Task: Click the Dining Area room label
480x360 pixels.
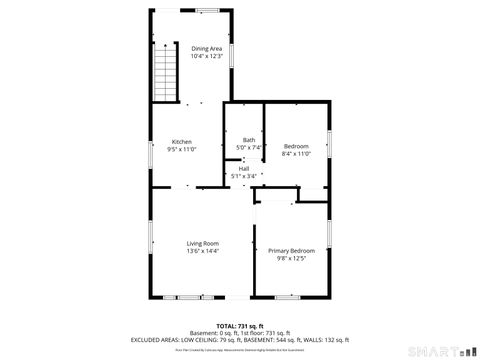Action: tap(207, 48)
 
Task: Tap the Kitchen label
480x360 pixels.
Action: tap(181, 142)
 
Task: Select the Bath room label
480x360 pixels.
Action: tap(248, 140)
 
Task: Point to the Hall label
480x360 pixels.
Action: tap(244, 169)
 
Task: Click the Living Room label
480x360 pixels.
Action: tap(203, 243)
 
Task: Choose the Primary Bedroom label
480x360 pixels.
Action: tap(291, 250)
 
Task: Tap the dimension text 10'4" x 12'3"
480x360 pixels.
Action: tap(207, 56)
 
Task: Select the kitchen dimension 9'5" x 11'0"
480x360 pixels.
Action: tap(183, 149)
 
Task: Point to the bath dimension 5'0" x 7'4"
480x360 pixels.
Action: tap(248, 147)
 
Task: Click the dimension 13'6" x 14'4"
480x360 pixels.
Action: tap(203, 251)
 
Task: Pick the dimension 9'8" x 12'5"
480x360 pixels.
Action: tap(291, 258)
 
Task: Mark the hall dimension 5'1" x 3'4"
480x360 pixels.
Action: tap(244, 176)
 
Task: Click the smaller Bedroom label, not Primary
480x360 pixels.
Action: tap(296, 146)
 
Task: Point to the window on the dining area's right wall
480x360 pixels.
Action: tap(232, 55)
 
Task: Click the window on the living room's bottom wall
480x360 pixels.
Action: tap(184, 297)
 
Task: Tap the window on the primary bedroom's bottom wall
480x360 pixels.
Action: tap(288, 297)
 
